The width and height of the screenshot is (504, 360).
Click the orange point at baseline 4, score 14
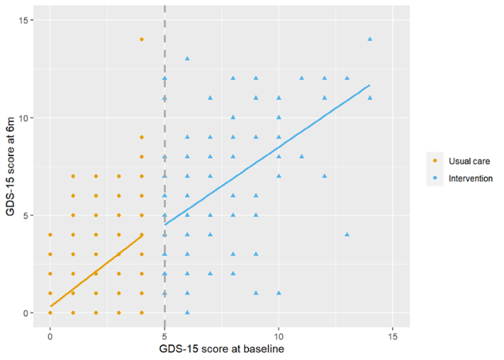coord(142,39)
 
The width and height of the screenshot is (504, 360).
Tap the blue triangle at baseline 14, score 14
coord(370,39)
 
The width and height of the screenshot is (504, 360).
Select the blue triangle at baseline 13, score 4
coord(347,234)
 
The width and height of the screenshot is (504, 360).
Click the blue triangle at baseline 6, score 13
coord(187,58)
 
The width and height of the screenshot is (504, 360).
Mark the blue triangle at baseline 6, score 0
coord(187,312)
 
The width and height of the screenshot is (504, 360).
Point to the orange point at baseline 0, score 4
coord(50,234)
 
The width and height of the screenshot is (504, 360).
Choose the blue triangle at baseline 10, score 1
coord(279,293)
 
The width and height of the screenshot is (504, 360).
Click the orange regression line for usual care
coord(96,270)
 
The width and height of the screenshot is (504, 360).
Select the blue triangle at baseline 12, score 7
coord(325,176)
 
